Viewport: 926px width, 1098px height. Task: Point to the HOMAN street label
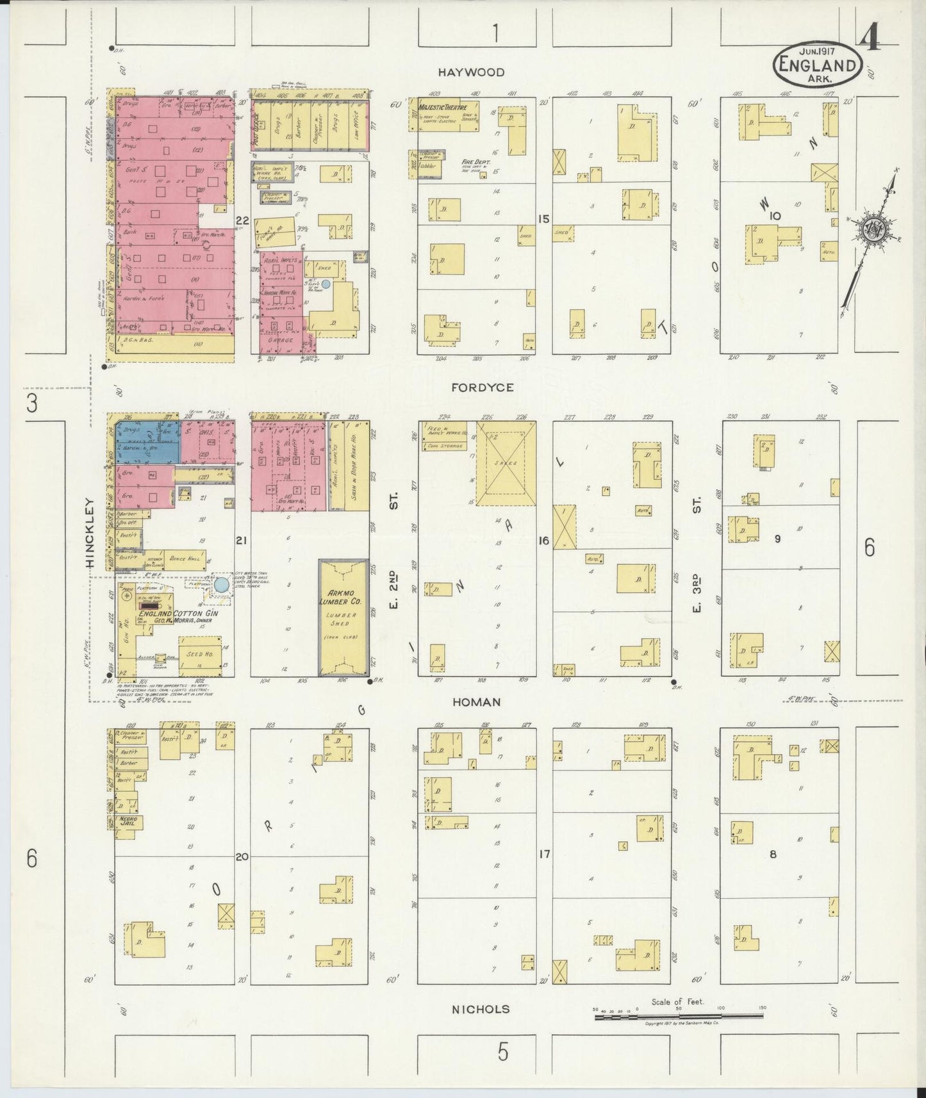point(476,702)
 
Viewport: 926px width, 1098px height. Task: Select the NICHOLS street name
point(481,1010)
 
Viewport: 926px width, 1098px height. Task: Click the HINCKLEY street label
point(90,533)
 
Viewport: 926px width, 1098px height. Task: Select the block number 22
point(242,221)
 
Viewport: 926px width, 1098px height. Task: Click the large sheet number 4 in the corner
point(870,40)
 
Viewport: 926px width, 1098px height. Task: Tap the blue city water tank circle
point(222,585)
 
